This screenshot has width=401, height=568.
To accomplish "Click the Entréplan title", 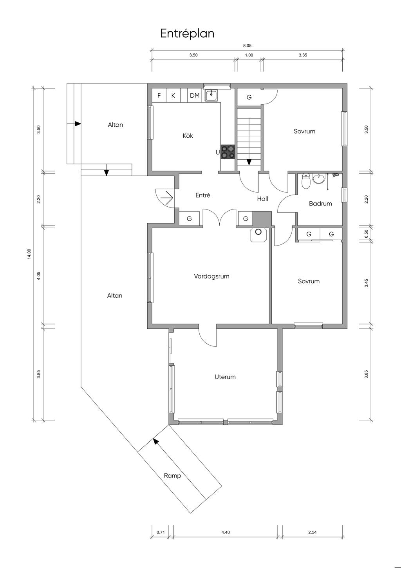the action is point(187,34).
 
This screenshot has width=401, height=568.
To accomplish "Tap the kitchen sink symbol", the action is point(211,96).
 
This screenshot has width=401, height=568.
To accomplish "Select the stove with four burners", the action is point(228,152).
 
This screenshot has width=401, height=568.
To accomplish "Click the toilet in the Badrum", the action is point(306,181).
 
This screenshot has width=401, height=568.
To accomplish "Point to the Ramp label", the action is point(172,475).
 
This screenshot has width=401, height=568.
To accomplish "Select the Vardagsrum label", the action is point(211,277).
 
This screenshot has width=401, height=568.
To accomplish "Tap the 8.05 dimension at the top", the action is point(247,46).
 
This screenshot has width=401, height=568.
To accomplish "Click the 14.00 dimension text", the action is point(29,254).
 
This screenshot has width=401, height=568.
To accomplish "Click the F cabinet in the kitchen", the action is point(159,95).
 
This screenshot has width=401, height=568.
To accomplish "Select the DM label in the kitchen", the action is point(195,96).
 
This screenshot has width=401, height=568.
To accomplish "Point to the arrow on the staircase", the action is point(249,162).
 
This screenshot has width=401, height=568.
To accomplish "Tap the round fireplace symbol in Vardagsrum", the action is point(258,232).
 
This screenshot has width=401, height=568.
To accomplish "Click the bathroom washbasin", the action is point(318,179).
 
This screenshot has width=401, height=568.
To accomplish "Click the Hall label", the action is point(262,199).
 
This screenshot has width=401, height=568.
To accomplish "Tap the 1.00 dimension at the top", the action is point(249,55).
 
